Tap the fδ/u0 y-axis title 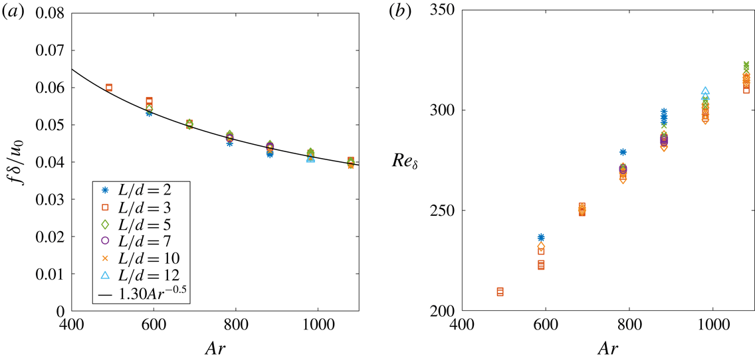(x=21, y=161)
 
